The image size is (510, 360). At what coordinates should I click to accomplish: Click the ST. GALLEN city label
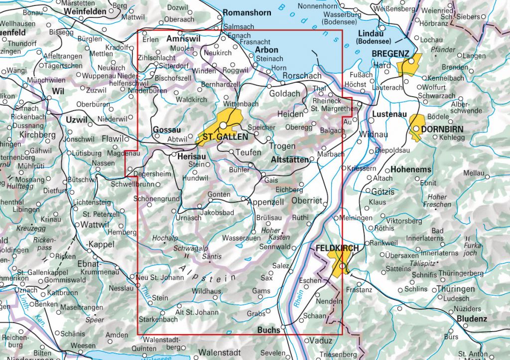pyautogui.click(x=225, y=137)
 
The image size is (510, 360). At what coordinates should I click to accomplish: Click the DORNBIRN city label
pyautogui.click(x=442, y=128)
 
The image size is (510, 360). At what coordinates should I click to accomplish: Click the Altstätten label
pyautogui.click(x=289, y=160)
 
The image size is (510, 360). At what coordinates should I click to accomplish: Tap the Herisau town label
pyautogui.click(x=189, y=155)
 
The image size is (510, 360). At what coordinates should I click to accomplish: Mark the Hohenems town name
pyautogui.click(x=411, y=169)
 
